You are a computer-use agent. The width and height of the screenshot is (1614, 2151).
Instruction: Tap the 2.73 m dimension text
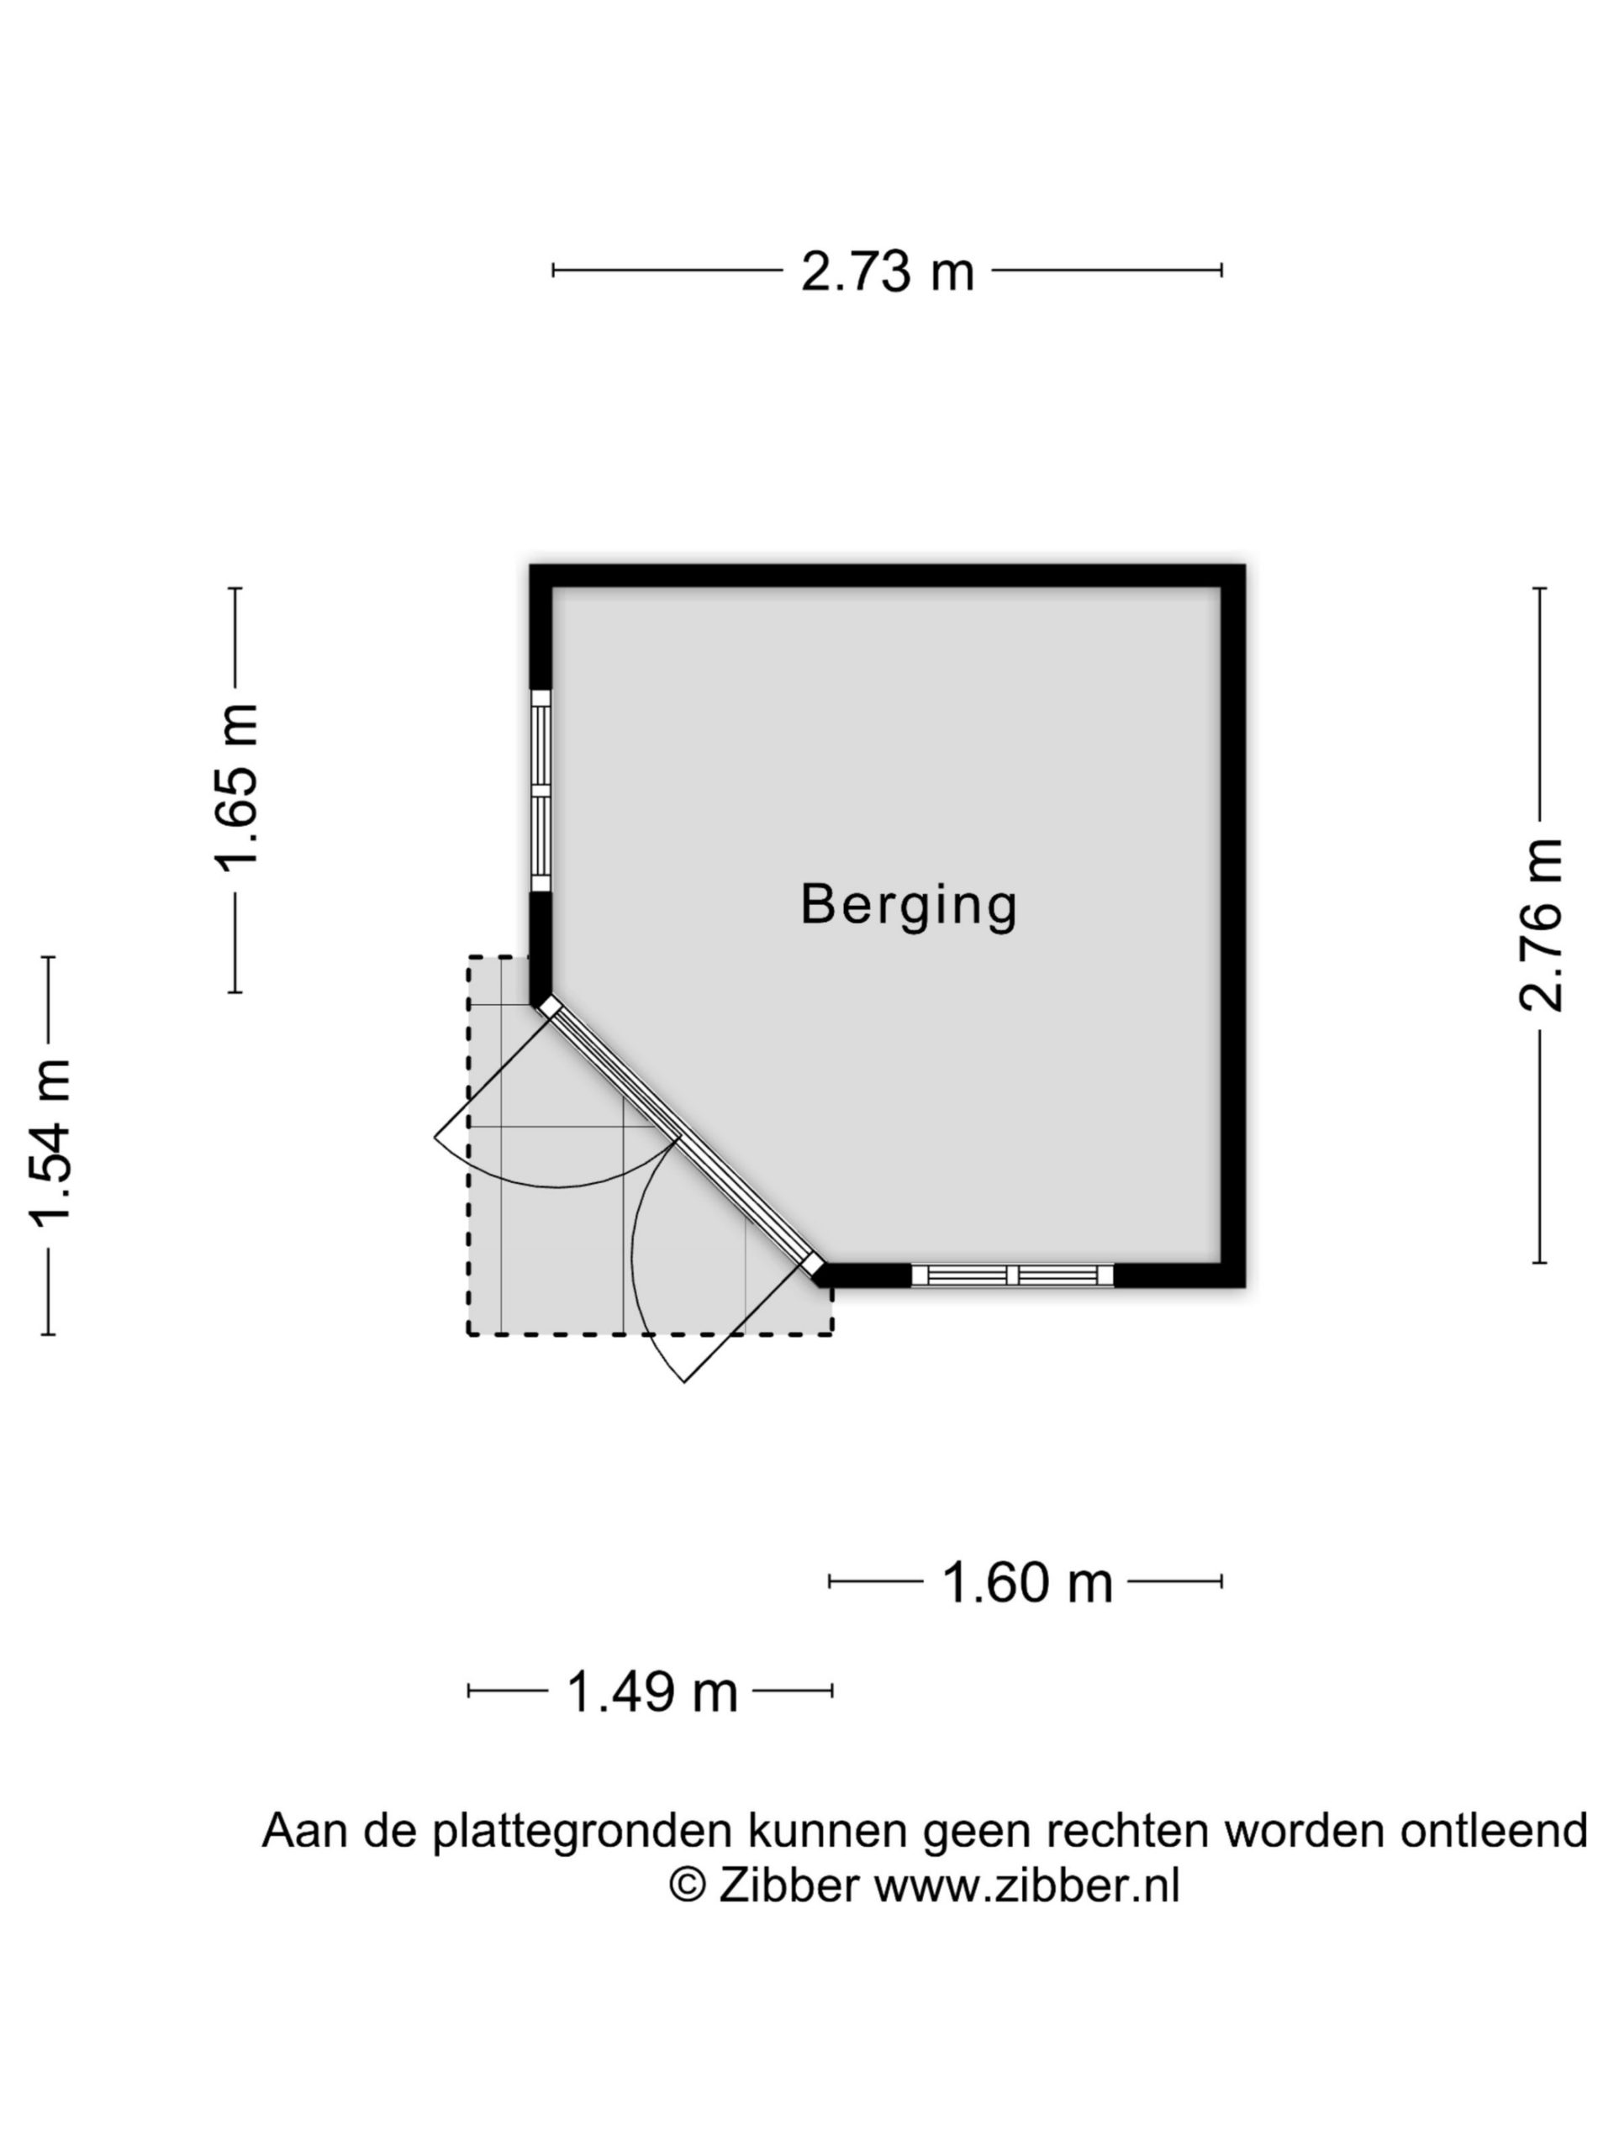click(x=887, y=271)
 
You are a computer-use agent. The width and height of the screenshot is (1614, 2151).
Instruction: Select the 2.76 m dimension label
click(x=1540, y=925)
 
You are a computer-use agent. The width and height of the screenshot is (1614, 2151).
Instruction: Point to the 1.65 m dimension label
click(x=236, y=787)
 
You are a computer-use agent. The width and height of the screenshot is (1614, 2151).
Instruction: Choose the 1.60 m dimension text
click(x=1027, y=1582)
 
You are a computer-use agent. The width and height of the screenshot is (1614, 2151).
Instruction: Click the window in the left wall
click(x=540, y=791)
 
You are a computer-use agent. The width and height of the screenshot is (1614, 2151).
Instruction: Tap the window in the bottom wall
click(x=1012, y=1275)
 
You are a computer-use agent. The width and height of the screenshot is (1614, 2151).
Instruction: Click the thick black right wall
click(x=1233, y=926)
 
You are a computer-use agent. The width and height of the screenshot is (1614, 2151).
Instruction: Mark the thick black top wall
click(x=887, y=576)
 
